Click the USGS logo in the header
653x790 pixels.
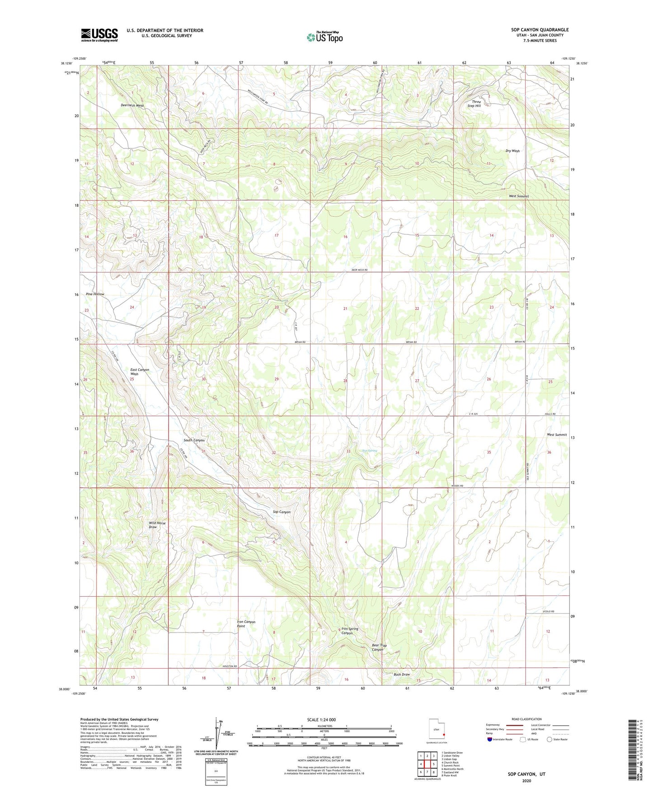coord(99,35)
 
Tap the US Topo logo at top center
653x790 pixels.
coord(324,37)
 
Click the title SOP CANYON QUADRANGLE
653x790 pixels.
coord(540,30)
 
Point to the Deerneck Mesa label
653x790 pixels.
coord(132,105)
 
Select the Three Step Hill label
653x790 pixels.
coord(475,104)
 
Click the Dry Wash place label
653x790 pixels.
coord(512,151)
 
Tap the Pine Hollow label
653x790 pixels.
coord(95,294)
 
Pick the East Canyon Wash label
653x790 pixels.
coord(140,372)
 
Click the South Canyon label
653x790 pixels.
coord(194,440)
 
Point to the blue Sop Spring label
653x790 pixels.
coord(369,451)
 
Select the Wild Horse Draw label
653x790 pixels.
coord(157,525)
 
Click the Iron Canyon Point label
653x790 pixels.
coord(246,624)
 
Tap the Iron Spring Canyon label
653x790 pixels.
coord(350,631)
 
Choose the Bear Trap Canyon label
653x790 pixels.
coord(379,647)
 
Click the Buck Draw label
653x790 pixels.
coord(401,674)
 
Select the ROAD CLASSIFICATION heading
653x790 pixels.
coord(526,719)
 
